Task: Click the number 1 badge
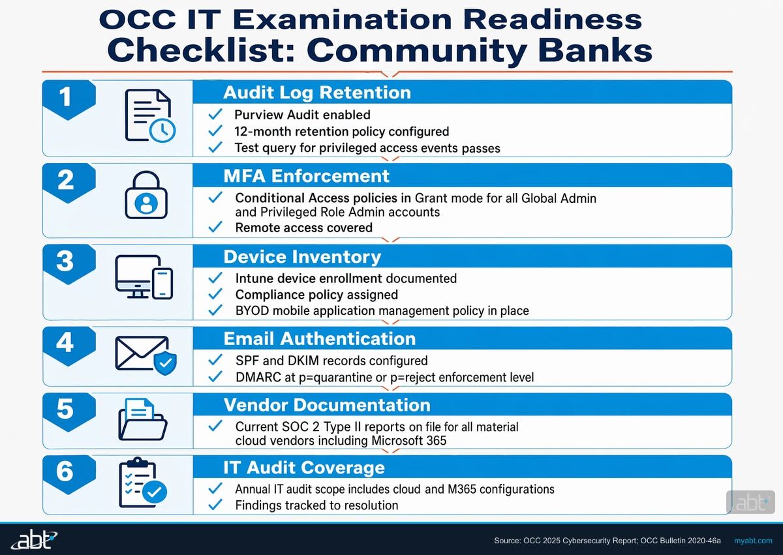[x=65, y=98]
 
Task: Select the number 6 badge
[x=65, y=472]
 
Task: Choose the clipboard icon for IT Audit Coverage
[x=142, y=484]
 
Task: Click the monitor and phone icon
[x=144, y=277]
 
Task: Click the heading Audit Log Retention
[x=317, y=93]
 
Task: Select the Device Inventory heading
[x=302, y=257]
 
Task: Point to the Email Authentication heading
[x=319, y=339]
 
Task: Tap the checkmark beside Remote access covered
[x=215, y=228]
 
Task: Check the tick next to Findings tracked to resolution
[x=215, y=505]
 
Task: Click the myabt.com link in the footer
[x=753, y=541]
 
